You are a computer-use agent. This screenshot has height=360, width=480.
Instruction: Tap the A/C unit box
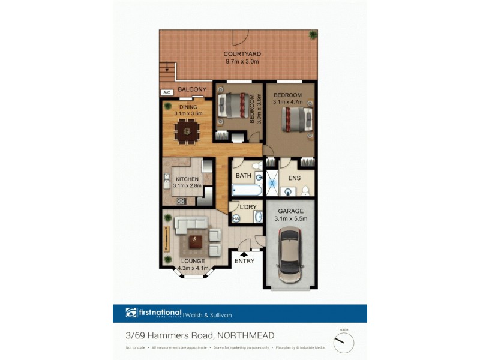tap(167, 92)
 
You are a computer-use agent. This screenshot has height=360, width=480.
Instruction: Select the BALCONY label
tap(192, 90)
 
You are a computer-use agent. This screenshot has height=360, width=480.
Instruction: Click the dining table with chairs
tap(187, 128)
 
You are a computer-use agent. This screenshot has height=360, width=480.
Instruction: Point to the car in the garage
tap(290, 259)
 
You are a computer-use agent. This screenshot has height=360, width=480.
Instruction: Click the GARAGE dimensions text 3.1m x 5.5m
tap(290, 219)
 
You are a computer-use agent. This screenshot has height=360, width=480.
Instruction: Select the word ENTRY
tap(245, 261)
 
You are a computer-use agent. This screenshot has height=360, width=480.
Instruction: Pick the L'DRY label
tap(248, 208)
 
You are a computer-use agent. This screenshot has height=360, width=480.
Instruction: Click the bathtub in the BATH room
tap(247, 191)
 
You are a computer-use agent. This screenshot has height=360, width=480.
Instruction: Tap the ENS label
tap(295, 178)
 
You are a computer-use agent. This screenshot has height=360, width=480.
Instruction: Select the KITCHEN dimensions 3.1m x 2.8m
tap(187, 186)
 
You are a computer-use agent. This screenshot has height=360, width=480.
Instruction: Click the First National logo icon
tap(131, 313)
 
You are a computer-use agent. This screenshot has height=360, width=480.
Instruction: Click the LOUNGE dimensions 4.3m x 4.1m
tap(194, 268)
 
